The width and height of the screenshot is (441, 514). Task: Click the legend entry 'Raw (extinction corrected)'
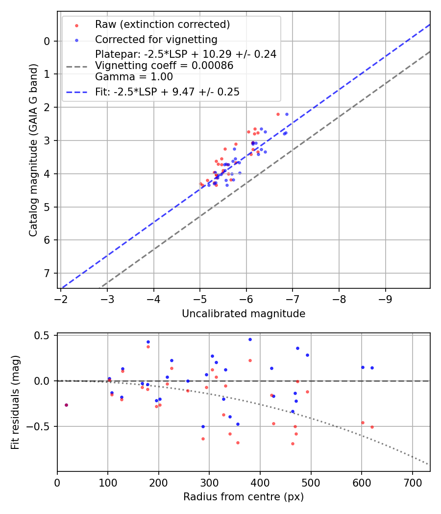(x=162, y=24)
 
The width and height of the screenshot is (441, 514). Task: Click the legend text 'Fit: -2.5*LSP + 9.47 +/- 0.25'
(x=167, y=92)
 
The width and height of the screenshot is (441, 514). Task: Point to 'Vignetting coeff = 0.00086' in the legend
(x=164, y=66)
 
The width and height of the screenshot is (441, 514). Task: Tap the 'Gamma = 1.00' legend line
(x=134, y=77)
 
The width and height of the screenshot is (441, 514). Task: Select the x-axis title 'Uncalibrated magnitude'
(x=244, y=314)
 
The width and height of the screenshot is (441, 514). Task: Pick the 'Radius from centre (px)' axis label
(x=244, y=497)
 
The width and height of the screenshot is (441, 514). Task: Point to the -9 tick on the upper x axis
(x=386, y=298)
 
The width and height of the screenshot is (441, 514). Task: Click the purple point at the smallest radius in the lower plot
(x=66, y=405)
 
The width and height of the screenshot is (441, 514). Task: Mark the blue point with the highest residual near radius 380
(x=250, y=339)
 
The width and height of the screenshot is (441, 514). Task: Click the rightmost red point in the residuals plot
(x=372, y=427)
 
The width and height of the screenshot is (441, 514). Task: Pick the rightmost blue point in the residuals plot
(x=372, y=368)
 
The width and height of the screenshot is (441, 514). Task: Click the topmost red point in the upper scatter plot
(x=278, y=114)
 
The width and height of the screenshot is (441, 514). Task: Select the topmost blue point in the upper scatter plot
(x=287, y=114)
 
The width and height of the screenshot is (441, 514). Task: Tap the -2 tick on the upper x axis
(x=61, y=298)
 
